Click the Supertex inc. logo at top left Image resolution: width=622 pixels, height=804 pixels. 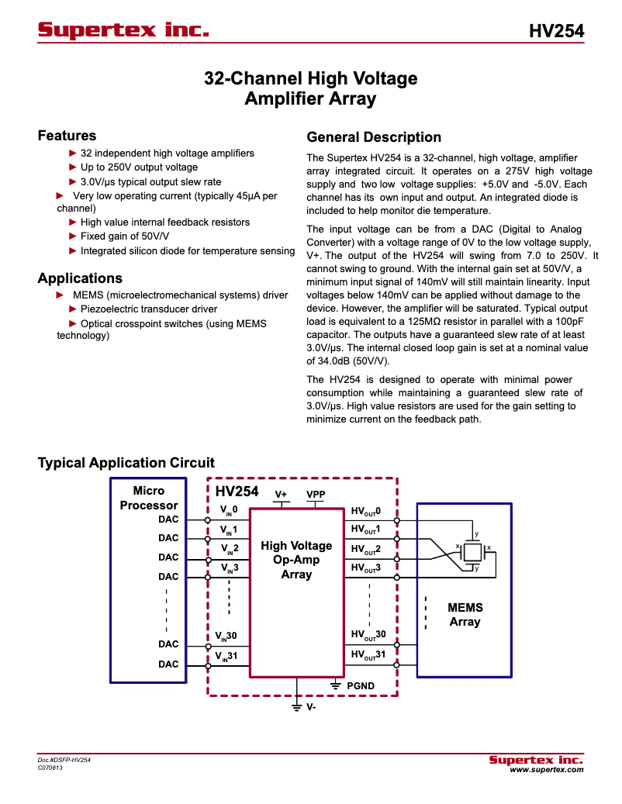tap(123, 30)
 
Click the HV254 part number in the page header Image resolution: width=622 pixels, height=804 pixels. tap(556, 31)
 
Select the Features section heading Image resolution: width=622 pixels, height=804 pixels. tap(67, 136)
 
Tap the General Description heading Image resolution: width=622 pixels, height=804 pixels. tap(374, 137)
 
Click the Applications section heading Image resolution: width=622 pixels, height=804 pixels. tap(80, 278)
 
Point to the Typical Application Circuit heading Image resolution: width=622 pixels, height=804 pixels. tap(126, 463)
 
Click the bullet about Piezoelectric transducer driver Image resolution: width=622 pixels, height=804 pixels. tap(148, 309)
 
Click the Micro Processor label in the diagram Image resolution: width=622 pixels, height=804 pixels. tap(149, 498)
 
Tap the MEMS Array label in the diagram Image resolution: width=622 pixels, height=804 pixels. tap(465, 615)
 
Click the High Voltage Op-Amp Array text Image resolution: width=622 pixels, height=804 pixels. tap(296, 560)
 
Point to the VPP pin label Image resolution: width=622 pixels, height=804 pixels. tap(316, 494)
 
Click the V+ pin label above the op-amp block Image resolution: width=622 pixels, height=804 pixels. tap(282, 494)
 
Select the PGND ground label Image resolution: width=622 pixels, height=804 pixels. tap(360, 685)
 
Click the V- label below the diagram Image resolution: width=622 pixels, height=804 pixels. tap(310, 707)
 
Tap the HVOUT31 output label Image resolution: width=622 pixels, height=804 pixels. tap(368, 655)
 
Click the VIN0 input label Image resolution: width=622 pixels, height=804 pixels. tap(229, 511)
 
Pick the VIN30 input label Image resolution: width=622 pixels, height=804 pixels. tap(226, 636)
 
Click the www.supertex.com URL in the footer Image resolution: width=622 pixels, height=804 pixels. tap(546, 770)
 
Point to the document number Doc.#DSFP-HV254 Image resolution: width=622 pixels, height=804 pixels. tap(64, 760)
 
